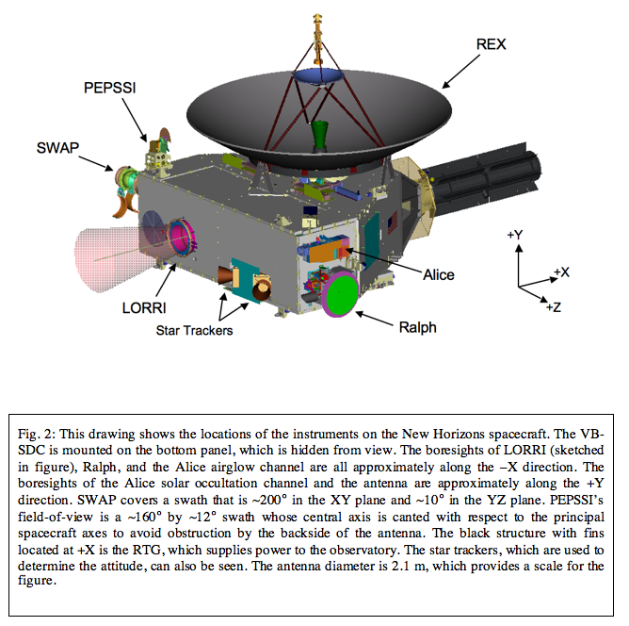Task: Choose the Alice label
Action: [438, 275]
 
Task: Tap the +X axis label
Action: [561, 272]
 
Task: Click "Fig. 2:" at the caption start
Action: [34, 433]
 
